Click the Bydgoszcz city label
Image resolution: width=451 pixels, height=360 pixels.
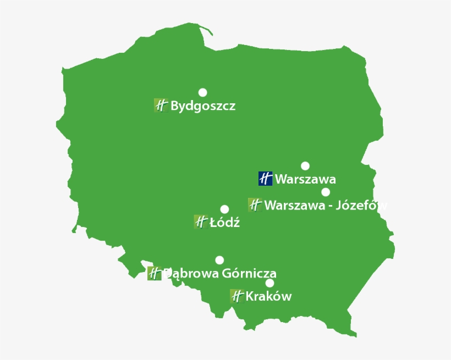point(203,106)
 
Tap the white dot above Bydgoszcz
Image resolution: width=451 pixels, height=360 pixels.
point(203,92)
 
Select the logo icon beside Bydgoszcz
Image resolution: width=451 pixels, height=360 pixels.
point(161,106)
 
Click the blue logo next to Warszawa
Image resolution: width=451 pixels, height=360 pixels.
point(265,179)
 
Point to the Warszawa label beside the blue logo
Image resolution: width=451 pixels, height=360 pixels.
point(305,179)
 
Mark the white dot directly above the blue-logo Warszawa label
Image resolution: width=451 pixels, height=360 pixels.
point(305,166)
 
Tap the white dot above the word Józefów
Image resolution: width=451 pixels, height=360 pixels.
point(326,192)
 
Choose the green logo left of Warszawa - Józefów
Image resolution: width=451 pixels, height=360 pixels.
point(255,205)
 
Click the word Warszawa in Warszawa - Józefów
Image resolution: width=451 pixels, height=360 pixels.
point(292,206)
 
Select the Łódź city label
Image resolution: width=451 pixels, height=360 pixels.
point(225,223)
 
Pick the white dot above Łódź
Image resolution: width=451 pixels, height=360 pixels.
point(224,209)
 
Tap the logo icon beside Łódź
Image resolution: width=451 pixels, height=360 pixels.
point(201,221)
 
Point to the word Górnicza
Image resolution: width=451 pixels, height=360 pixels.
point(250,273)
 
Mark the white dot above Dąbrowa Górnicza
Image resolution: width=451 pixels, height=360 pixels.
point(219,260)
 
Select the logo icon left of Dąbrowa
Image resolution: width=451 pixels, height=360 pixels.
point(154,273)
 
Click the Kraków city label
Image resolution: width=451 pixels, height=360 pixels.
point(268,297)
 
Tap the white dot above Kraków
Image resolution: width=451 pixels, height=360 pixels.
point(269,283)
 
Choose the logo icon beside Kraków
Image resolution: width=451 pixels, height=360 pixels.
point(237,296)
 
